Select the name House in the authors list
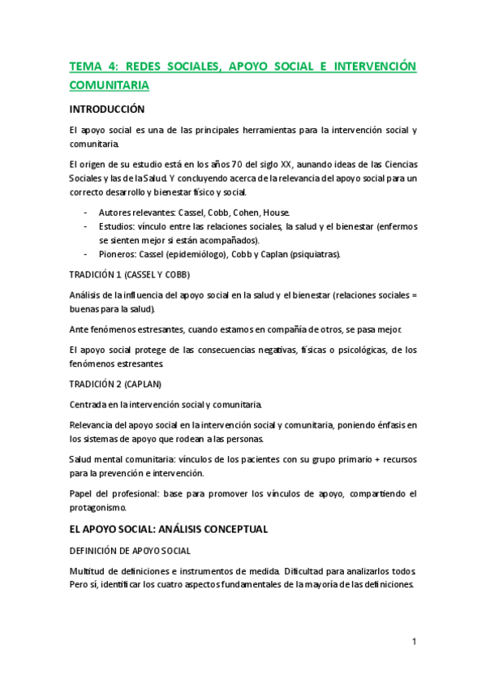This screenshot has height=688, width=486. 275,212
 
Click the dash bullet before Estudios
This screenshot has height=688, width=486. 87,226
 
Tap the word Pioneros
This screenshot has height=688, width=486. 118,255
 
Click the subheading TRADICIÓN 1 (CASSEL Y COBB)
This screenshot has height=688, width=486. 129,274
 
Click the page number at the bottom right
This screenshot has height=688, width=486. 414,642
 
